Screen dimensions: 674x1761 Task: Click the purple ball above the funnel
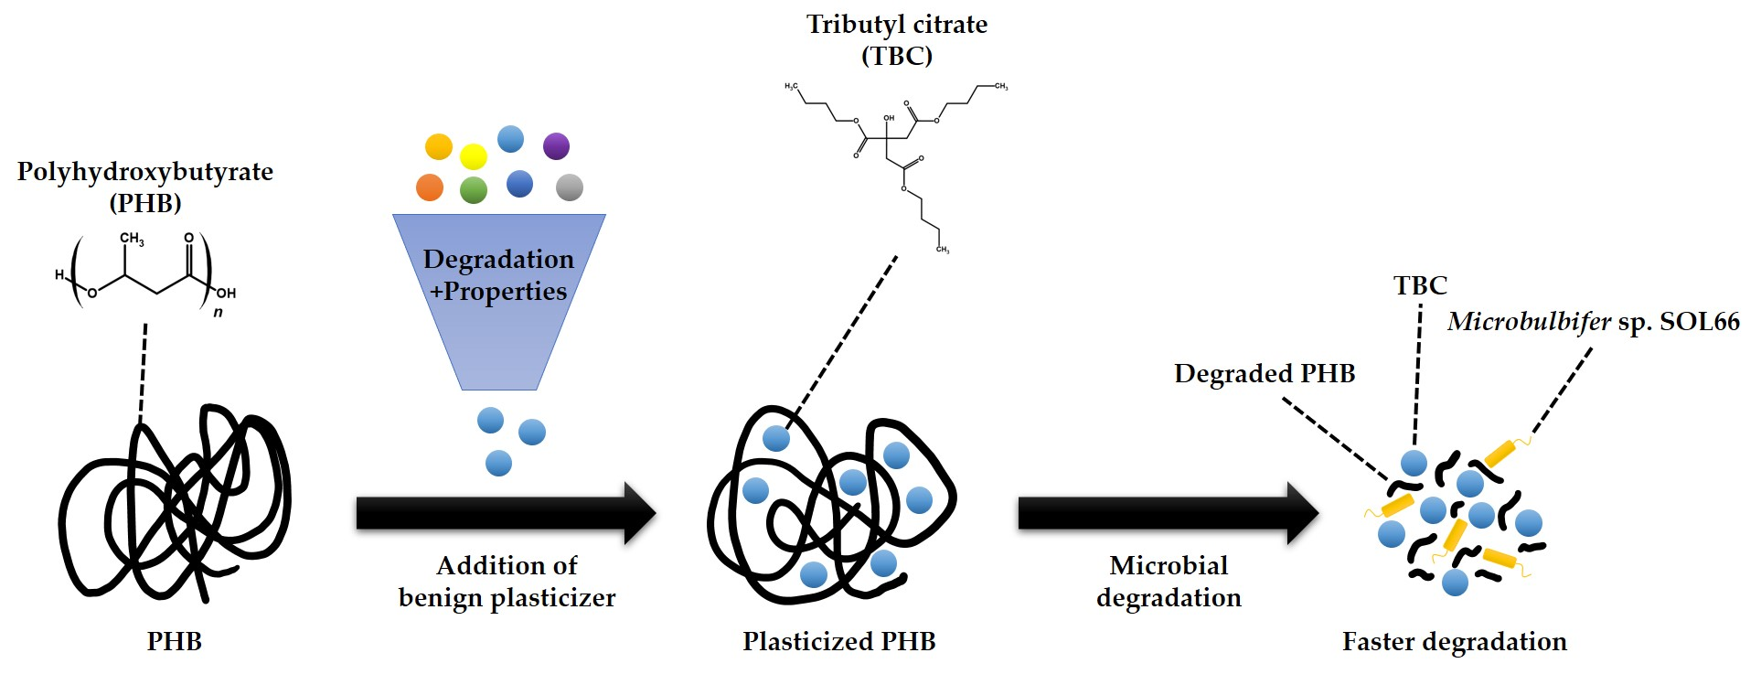click(556, 145)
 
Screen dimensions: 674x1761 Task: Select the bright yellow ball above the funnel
click(474, 156)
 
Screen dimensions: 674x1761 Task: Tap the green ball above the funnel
click(473, 190)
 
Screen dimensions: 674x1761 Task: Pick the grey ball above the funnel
click(570, 187)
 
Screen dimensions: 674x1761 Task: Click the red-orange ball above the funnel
click(430, 187)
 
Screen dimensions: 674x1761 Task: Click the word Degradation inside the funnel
click(498, 260)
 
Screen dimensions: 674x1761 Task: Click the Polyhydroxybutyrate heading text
click(145, 172)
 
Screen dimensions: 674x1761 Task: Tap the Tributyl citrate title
click(896, 25)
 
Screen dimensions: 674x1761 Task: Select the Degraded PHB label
click(1265, 374)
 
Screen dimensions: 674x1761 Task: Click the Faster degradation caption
click(1454, 642)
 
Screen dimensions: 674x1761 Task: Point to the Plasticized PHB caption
click(838, 642)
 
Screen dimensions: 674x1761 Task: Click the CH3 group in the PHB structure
click(132, 239)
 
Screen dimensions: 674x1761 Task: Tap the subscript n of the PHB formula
click(218, 313)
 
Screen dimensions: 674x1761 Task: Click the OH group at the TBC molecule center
click(889, 119)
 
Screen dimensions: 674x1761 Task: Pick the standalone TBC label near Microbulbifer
click(1420, 286)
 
